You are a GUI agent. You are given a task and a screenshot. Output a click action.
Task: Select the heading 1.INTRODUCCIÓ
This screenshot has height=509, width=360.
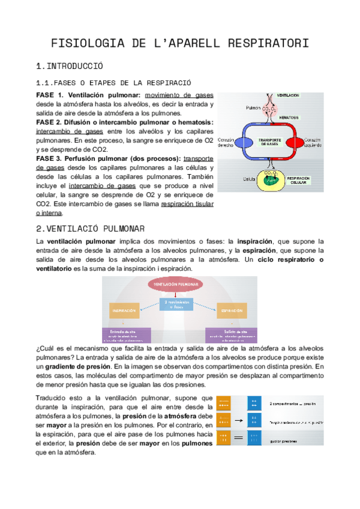70,66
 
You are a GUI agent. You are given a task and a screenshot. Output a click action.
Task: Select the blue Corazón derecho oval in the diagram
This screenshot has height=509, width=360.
244,142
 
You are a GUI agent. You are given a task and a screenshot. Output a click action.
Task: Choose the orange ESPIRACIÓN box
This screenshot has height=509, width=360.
231,311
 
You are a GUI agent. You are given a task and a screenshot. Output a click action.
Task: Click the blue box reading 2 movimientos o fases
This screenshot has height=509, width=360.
179,304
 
